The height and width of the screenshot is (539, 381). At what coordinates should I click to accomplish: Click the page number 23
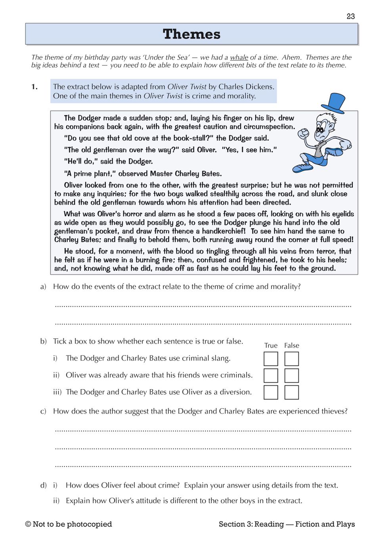click(x=350, y=16)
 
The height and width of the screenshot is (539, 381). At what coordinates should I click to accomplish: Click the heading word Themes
click(x=191, y=34)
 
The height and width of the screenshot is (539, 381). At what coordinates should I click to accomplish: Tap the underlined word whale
click(x=239, y=57)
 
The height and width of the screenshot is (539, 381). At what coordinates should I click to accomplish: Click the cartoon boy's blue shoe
click(x=302, y=167)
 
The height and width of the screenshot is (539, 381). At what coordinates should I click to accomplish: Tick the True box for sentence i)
click(x=271, y=359)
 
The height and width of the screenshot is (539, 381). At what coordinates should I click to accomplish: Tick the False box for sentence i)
click(x=291, y=359)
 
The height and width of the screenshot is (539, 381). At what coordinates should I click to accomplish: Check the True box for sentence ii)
click(x=271, y=375)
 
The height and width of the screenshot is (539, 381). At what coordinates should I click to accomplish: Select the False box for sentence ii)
click(x=291, y=375)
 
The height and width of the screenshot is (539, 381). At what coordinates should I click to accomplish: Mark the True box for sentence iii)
click(x=271, y=392)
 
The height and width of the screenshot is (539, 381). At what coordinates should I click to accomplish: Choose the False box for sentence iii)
click(x=291, y=392)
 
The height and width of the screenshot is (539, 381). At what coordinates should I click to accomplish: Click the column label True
click(x=271, y=346)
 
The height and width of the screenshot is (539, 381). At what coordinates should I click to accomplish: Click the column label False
click(x=291, y=346)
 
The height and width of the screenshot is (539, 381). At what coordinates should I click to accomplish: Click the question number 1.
click(x=34, y=87)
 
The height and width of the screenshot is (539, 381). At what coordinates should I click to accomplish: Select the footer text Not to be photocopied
click(x=72, y=524)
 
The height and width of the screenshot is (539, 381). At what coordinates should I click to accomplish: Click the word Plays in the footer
click(x=345, y=524)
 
